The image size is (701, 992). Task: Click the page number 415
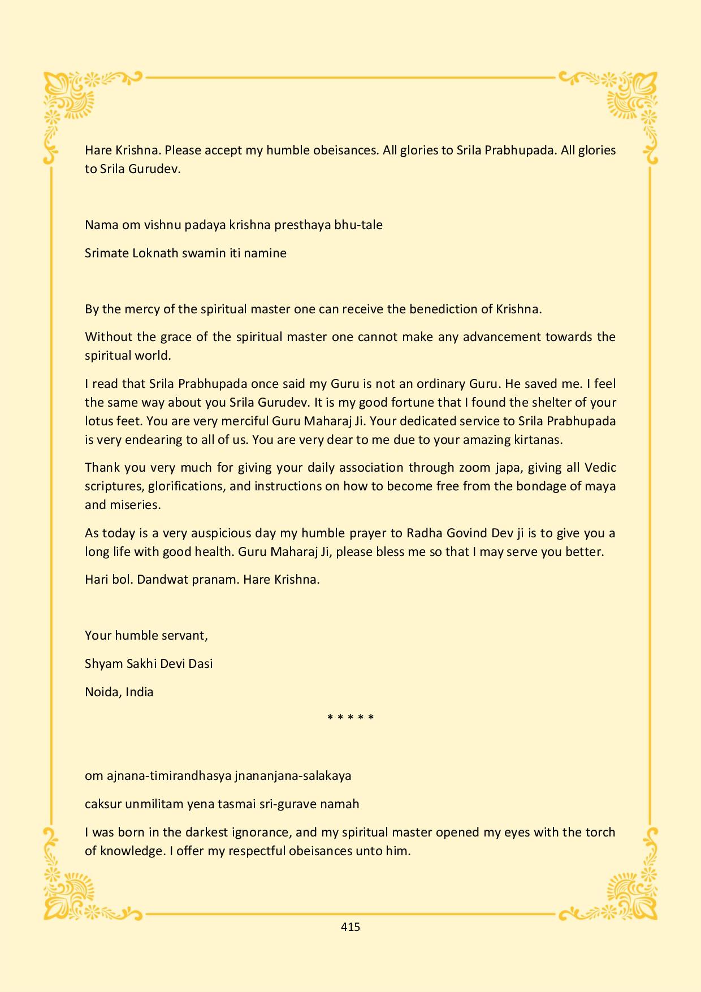(350, 926)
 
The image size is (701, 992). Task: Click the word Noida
(99, 692)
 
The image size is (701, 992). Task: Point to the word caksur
(103, 804)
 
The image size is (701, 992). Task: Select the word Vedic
(600, 468)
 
